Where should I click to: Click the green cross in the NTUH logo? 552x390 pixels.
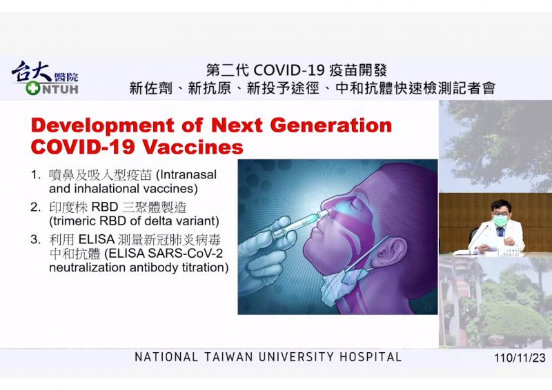[x=32, y=88]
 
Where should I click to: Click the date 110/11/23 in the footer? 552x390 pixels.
[x=520, y=358]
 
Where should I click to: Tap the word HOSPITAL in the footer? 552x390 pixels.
[x=371, y=357]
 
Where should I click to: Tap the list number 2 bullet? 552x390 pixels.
[x=36, y=207]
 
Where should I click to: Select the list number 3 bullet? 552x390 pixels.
[x=36, y=240]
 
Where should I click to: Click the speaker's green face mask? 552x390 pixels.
[x=500, y=220]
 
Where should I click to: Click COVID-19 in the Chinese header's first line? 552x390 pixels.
[x=288, y=71]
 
